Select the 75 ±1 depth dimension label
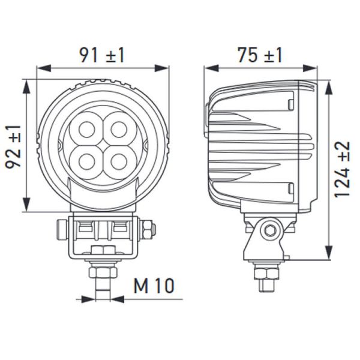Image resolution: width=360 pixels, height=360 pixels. coord(259,55)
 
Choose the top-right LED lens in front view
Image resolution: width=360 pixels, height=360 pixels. coord(119,129)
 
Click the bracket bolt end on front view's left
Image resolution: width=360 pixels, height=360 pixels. coord(61,229)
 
